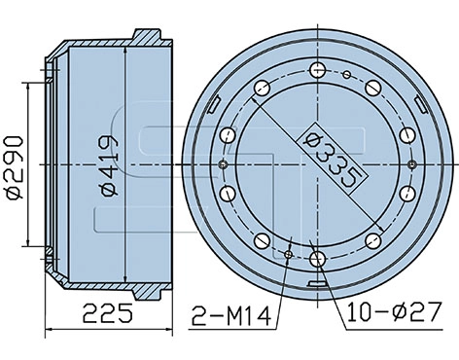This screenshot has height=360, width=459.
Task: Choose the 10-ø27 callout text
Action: coord(385,313)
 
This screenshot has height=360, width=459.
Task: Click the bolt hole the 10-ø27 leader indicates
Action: coord(318,261)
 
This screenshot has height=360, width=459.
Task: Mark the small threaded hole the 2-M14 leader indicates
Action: coord(289,255)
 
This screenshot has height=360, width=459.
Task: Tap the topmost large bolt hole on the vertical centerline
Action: coord(318,69)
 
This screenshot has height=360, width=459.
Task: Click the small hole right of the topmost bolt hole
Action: coord(346,74)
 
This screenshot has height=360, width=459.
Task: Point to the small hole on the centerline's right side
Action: coord(412,163)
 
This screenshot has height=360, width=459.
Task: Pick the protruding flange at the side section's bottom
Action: coord(146,289)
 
